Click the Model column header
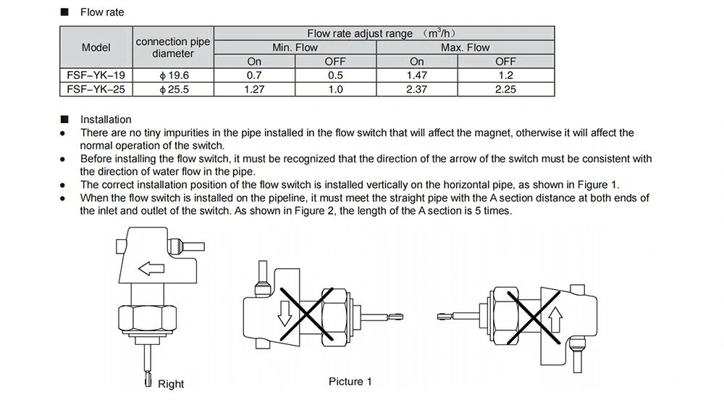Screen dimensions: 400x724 point(96,47)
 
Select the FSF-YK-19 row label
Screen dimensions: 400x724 point(96,75)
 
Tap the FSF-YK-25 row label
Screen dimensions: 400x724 point(96,88)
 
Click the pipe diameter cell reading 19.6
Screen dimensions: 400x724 point(173,75)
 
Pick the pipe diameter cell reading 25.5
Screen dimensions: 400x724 point(173,88)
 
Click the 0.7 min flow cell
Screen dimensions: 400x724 point(254,75)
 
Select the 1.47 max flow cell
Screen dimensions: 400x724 point(417,75)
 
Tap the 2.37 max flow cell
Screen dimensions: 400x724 point(417,88)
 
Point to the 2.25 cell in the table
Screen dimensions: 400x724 point(505,88)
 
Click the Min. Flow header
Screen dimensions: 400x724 point(295,47)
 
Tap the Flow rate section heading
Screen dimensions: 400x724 point(102,12)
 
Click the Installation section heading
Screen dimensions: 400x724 point(106,120)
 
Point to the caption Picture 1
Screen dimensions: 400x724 point(350,381)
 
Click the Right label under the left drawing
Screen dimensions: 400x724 point(171,383)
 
